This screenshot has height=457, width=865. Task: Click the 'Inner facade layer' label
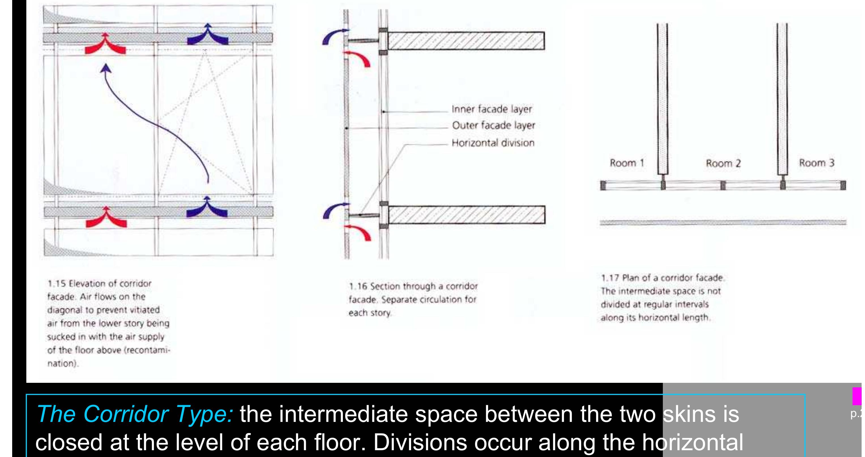pos(492,109)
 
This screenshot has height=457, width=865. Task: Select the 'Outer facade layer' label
pos(493,125)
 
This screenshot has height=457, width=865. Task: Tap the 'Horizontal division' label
pos(493,143)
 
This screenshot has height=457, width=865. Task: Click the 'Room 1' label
pos(627,163)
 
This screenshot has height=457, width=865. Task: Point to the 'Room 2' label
pos(723,164)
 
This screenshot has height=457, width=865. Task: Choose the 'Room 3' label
pos(816,163)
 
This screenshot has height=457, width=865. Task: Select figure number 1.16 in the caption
pos(358,287)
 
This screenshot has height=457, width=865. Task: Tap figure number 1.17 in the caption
pos(610,278)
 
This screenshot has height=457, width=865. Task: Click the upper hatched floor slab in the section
pos(466,40)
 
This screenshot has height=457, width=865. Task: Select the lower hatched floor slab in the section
pos(466,215)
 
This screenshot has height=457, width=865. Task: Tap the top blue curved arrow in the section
pos(334,37)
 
